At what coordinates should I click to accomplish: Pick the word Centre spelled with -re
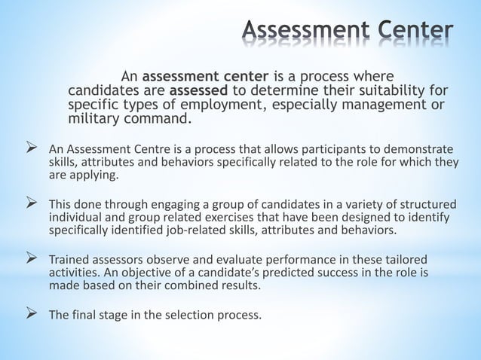(155, 148)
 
